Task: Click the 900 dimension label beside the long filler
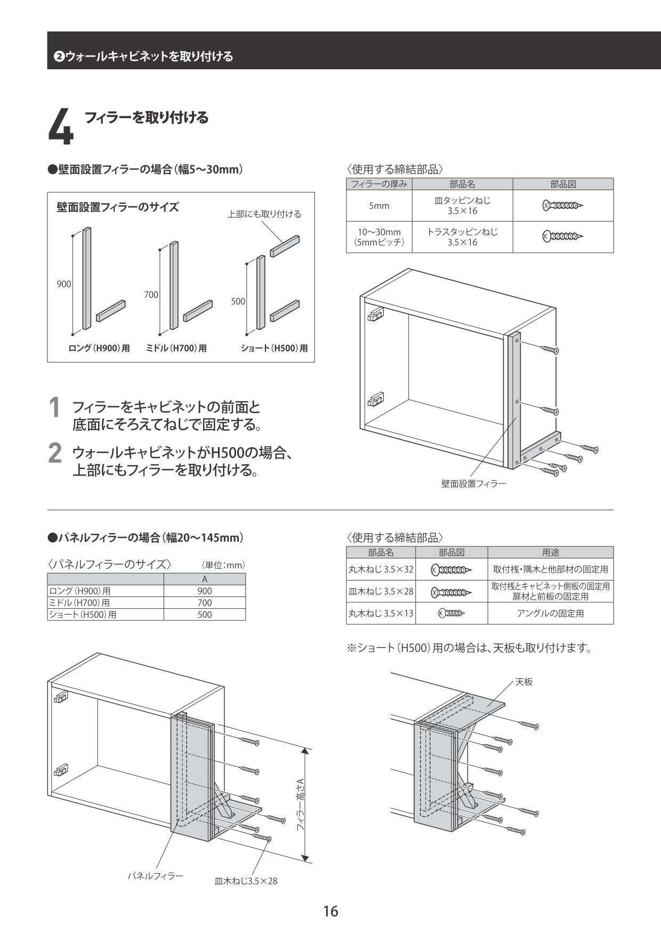pos(64,284)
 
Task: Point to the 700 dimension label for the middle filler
pos(151,295)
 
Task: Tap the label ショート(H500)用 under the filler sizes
pos(274,349)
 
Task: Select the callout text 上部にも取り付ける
pos(264,214)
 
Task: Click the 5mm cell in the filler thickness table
pos(379,206)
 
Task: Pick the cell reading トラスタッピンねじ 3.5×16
pos(462,237)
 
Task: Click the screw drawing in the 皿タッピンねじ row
pos(563,205)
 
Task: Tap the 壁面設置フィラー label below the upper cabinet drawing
pos(473,484)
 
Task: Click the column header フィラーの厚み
pos(379,184)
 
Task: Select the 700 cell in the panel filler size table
pos(204,603)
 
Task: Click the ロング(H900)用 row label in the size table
pos(80,591)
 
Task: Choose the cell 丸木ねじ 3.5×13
pos(381,614)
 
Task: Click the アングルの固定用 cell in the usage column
pos(550,614)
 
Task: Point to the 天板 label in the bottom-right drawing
pos(523,682)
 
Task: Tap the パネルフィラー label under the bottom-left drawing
pos(155,876)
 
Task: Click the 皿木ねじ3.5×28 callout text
pos(246,881)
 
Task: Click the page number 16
pos(330,911)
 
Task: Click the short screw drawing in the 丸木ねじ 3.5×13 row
pos(452,614)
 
